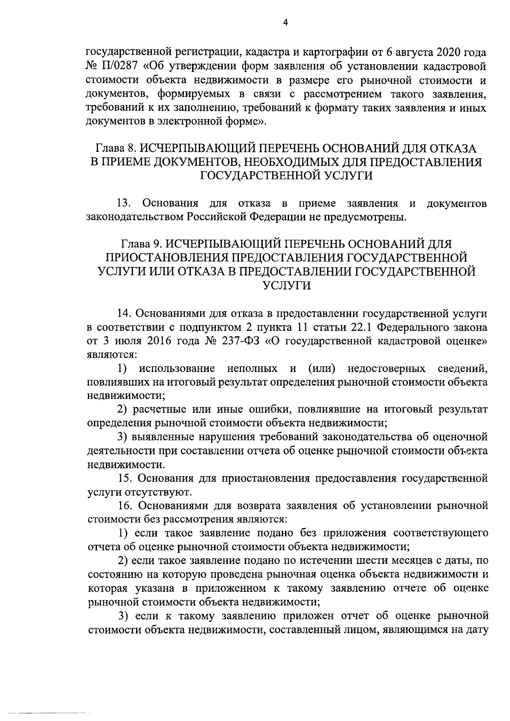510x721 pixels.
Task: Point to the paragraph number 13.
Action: point(125,203)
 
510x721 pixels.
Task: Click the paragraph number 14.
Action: point(125,313)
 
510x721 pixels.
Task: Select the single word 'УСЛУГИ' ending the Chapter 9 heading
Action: point(285,286)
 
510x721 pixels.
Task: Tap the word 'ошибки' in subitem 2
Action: point(271,409)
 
